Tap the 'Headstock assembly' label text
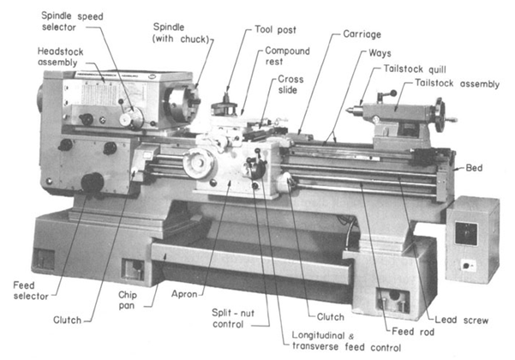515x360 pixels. (62, 57)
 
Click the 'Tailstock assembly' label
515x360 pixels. (456, 84)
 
